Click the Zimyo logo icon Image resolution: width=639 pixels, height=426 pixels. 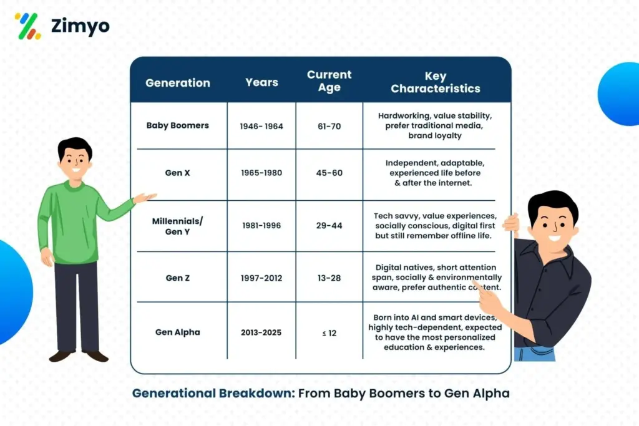coord(27,26)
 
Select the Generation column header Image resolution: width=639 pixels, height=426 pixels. coord(178,82)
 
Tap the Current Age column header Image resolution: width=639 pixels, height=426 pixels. coord(329,81)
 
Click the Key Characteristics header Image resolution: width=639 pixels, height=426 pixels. coord(436,82)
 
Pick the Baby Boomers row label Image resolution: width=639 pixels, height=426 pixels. coord(178,125)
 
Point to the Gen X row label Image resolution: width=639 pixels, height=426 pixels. coord(178,173)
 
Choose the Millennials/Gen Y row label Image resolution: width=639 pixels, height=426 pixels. coord(178,226)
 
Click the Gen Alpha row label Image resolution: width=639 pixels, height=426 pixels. coord(178,332)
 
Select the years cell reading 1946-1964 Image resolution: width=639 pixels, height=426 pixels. coord(261,126)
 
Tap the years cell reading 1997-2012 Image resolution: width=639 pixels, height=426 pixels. coord(261,278)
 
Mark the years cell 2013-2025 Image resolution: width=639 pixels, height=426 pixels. coord(261,333)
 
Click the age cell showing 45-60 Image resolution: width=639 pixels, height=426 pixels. coord(329,173)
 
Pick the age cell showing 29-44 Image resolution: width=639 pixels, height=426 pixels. coord(329,226)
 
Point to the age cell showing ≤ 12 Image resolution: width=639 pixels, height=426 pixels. coord(329,333)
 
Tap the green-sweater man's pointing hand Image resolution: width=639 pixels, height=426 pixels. coord(145,198)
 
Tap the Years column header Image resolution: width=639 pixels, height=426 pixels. coord(261,82)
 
